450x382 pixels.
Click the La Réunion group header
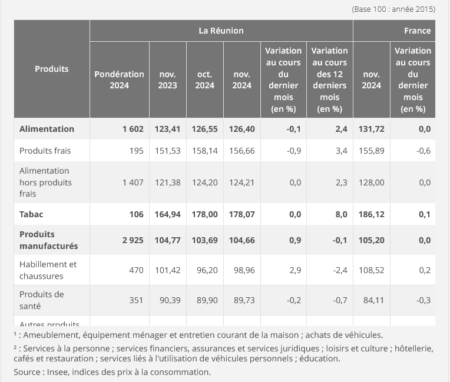point(221,31)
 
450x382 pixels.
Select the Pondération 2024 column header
point(119,80)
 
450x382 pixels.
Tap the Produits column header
point(52,69)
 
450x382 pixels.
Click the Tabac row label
point(32,214)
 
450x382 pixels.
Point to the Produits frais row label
point(45,151)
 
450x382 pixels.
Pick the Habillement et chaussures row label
point(48,270)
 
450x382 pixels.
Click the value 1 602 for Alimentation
point(133,129)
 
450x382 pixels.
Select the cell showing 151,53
point(167,151)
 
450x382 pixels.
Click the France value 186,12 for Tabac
point(372,214)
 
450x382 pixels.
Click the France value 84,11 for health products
point(372,300)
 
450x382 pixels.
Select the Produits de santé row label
point(42,300)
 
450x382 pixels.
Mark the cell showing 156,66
point(242,151)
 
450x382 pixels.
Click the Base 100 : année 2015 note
point(393,9)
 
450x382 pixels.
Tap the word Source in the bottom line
point(28,371)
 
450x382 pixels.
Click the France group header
point(417,31)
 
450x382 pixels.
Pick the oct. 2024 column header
point(205,80)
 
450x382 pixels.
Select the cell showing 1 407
point(133,182)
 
